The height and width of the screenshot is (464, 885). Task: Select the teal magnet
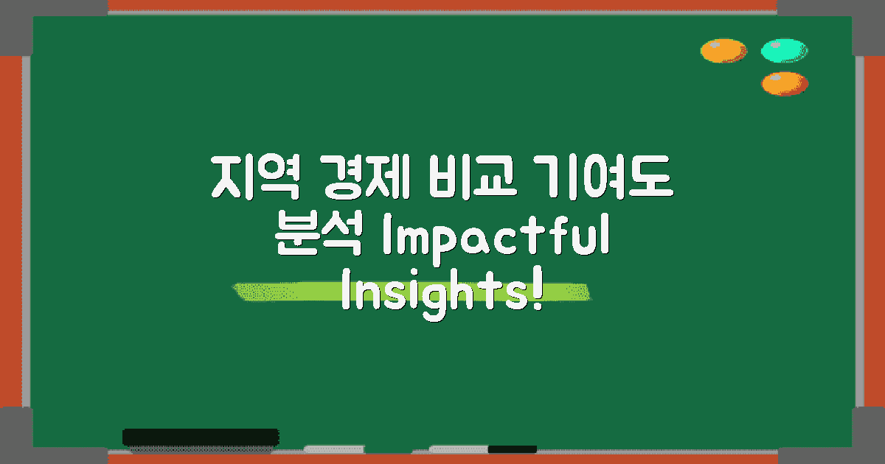point(784,51)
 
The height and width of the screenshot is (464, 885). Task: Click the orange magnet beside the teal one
point(723,51)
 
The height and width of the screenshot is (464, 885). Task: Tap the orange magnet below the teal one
point(784,83)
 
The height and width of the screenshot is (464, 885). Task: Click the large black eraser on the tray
point(200,437)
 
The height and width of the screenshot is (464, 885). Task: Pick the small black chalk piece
point(512,449)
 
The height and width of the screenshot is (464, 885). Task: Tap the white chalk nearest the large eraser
point(334,449)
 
